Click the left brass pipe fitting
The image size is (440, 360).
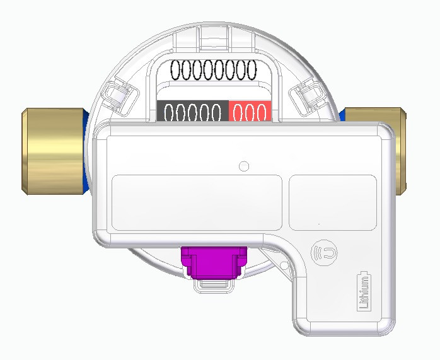[52, 152]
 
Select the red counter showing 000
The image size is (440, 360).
[250, 112]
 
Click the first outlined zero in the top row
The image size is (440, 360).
[178, 71]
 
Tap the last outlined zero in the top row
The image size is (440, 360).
[250, 71]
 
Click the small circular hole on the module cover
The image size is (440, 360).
[245, 166]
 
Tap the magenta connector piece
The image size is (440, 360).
[214, 262]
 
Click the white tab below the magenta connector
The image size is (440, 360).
[214, 286]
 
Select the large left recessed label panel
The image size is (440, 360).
[197, 202]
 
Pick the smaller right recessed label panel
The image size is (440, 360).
[332, 202]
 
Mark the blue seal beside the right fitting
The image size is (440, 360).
[342, 115]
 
